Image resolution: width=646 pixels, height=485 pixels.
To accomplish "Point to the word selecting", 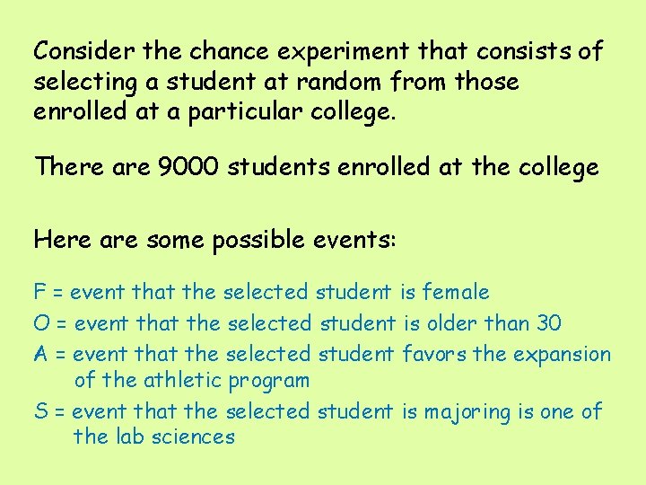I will (83, 83).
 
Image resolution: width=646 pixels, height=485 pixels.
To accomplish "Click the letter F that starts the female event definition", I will (39, 292).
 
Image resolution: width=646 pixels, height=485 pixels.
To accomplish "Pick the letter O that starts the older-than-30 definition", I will (41, 322).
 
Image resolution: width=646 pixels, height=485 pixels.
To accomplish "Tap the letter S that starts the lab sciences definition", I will (40, 412).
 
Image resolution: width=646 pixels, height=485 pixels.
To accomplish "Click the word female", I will (456, 292).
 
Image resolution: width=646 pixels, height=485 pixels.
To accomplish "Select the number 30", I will (548, 322).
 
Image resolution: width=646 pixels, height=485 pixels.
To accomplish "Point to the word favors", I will (434, 354).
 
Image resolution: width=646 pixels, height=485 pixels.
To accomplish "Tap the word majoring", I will (463, 412).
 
